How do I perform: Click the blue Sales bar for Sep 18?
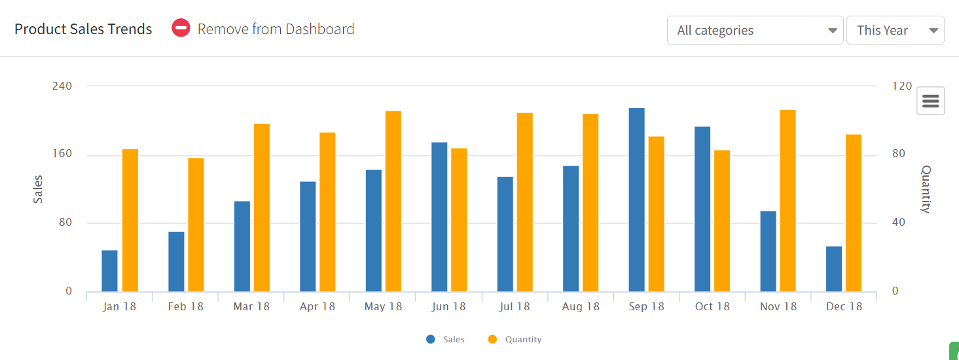coord(636,200)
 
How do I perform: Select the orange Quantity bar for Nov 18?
coord(787,200)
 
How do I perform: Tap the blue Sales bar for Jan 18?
coord(109,270)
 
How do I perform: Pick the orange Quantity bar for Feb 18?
coord(196,225)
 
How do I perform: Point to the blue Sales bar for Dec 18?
coord(833,268)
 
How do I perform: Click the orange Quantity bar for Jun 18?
coord(459,219)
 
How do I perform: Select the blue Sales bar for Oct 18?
coord(702,209)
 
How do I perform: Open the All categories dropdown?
coord(755,30)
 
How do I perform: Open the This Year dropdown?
coord(895,30)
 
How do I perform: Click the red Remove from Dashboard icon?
coord(181,28)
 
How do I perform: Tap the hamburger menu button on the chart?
coord(930,101)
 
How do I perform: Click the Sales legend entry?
coord(446,339)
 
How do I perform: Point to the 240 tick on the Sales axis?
coord(62,86)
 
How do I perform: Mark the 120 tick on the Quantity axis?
coord(902,86)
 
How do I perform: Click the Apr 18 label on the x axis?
coord(317,306)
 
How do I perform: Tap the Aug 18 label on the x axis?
coord(581,306)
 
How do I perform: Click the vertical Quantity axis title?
coord(925,189)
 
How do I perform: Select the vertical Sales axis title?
coord(38,189)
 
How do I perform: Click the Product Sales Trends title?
coord(83,29)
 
